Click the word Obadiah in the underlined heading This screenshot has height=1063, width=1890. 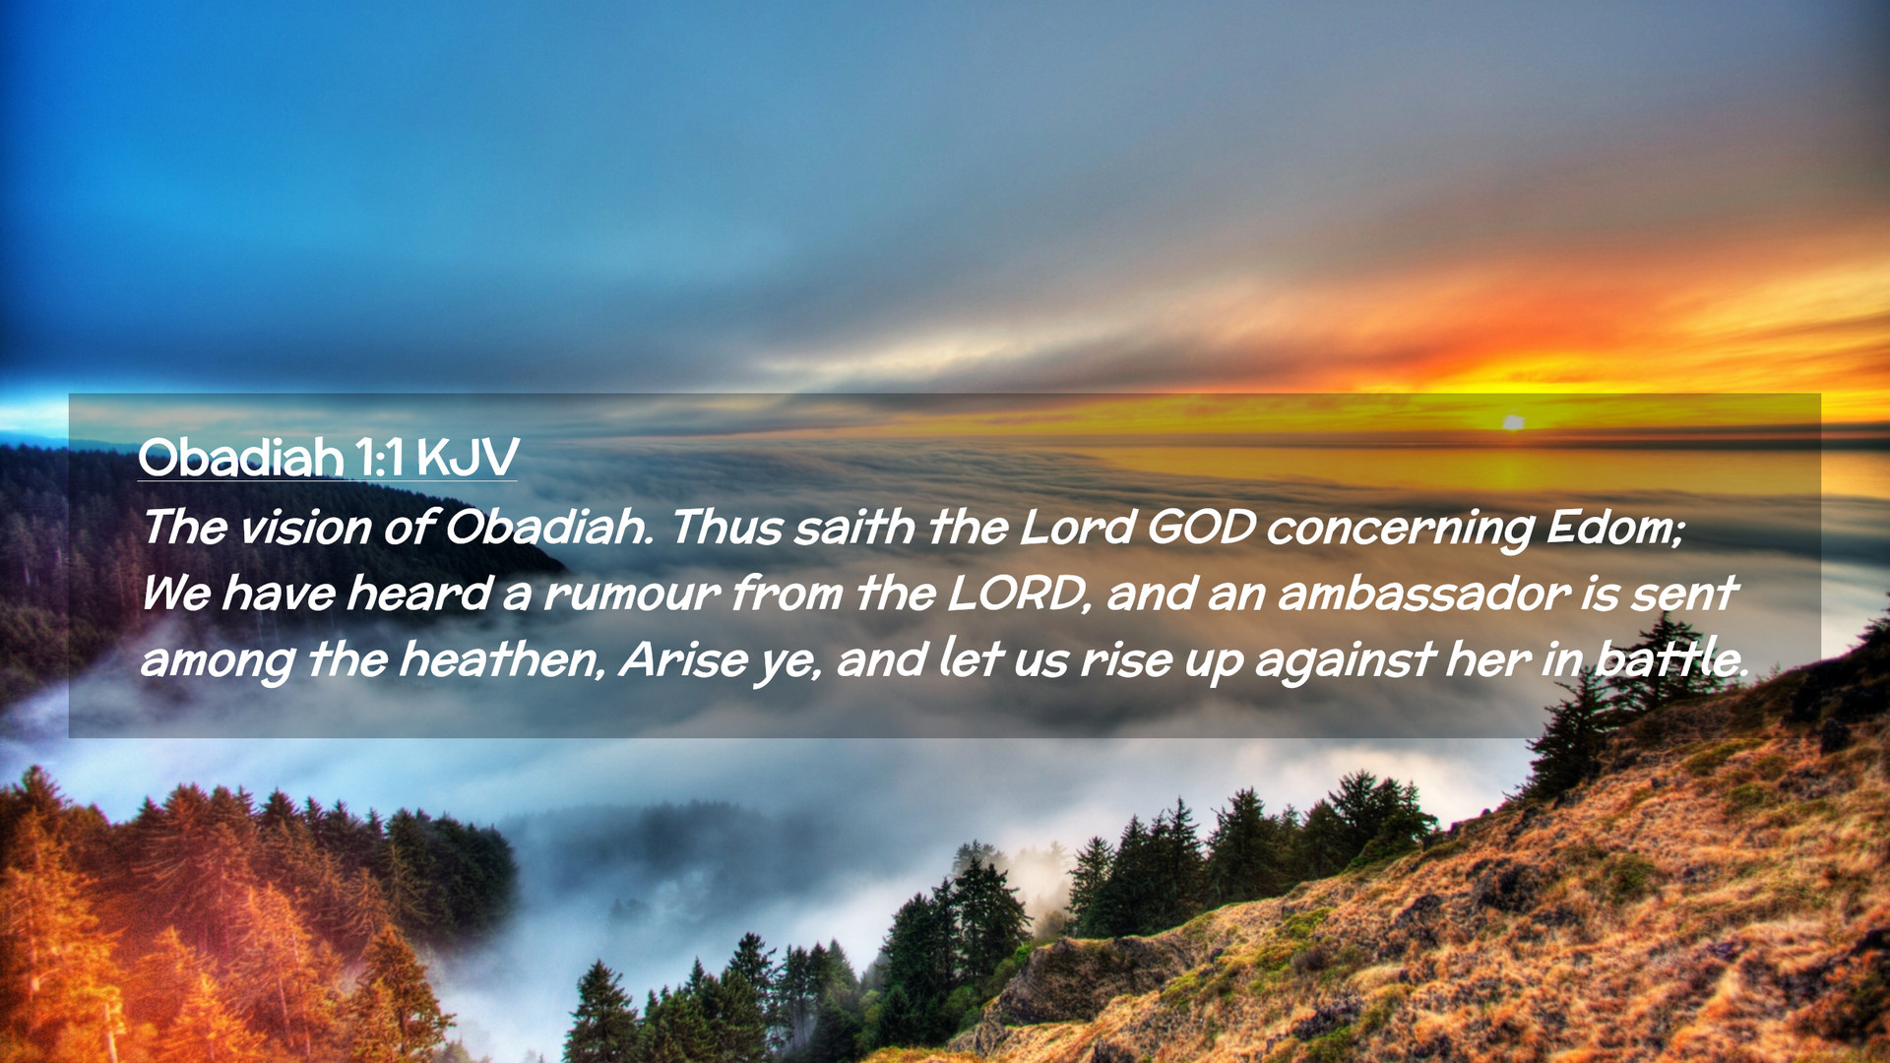241,458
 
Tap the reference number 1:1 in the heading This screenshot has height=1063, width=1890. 379,458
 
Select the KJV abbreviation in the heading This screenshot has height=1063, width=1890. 467,458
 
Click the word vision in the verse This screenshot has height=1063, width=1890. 303,528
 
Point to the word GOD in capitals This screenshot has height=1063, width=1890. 1201,528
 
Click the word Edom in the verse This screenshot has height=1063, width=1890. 1615,529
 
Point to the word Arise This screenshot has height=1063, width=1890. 683,659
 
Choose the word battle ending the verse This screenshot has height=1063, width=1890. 1670,659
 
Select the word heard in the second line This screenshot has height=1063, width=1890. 418,594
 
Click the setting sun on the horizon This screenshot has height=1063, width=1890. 1513,422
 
